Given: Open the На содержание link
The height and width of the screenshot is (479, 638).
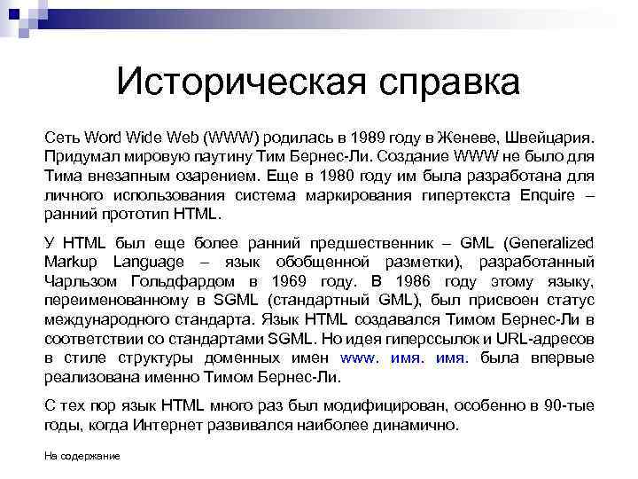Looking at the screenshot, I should click(x=82, y=455).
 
